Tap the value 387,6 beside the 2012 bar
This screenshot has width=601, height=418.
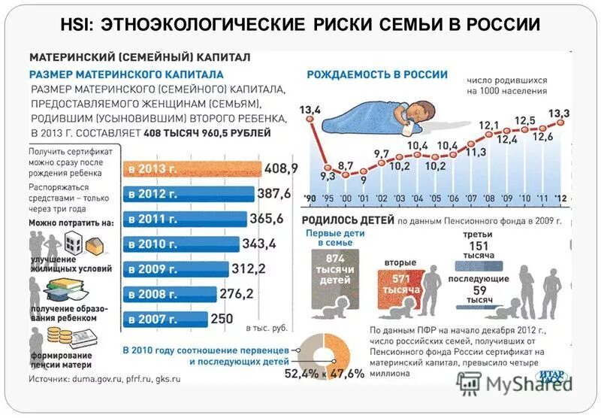pos(274,193)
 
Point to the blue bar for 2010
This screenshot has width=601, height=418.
pos(180,244)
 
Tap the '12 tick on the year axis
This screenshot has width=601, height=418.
pos(558,198)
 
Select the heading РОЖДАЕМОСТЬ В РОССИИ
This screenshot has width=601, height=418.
pos(377,74)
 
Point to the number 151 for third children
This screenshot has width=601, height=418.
pos(478,245)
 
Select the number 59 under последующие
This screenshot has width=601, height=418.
pos(479,289)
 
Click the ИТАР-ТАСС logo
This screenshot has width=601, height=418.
pos(551,377)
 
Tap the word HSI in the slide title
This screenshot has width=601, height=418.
pos(77,24)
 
